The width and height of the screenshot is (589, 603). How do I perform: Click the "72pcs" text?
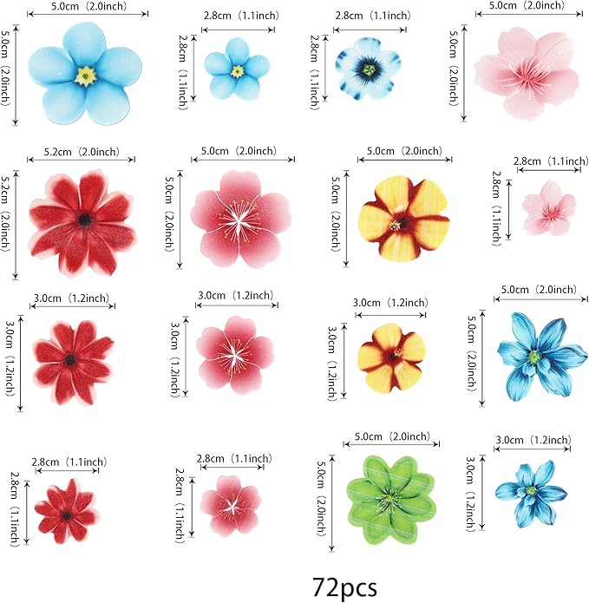(x=344, y=587)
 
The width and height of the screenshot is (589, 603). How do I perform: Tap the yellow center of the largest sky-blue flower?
(x=87, y=75)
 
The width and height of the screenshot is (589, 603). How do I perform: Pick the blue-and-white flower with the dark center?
(x=369, y=69)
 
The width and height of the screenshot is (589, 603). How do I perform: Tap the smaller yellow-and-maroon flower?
(x=392, y=356)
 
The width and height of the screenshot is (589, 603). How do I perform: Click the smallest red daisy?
(x=67, y=511)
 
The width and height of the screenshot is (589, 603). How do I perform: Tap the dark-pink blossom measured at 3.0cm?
(x=231, y=351)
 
